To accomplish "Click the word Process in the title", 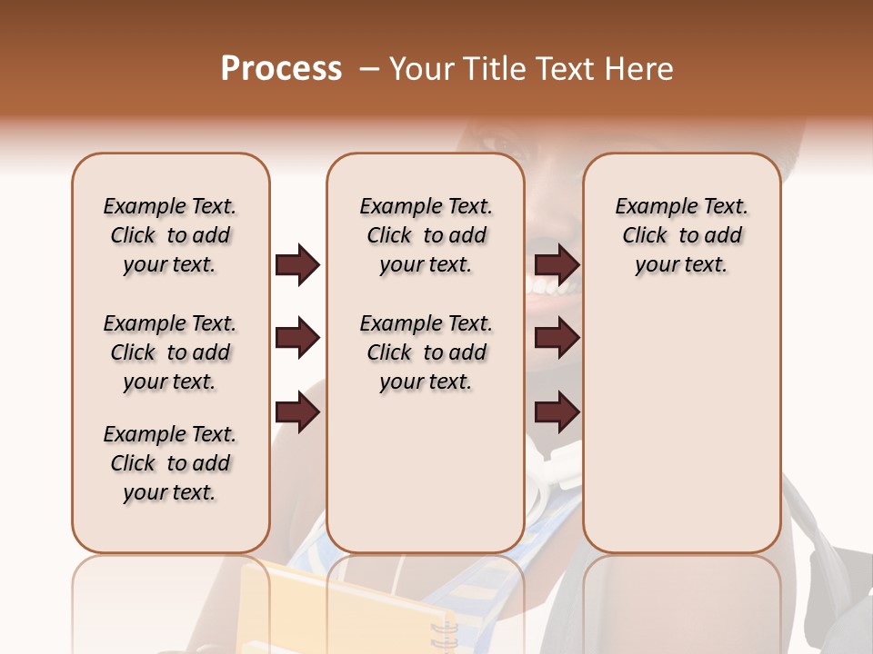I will (x=281, y=69).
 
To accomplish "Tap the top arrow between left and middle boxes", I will (x=297, y=264).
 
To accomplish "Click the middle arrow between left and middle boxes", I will (x=297, y=339).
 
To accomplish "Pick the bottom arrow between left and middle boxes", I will (x=297, y=413).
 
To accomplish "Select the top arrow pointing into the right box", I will (x=557, y=264).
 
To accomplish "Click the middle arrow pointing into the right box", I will (x=557, y=339).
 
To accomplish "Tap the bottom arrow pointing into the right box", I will (x=557, y=413).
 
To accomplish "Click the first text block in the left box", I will (x=170, y=235).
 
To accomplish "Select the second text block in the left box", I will (x=170, y=352).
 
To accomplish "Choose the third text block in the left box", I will (x=170, y=463).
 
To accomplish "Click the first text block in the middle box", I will (x=426, y=235).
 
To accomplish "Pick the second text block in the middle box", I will (x=426, y=352).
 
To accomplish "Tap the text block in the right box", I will (x=681, y=235).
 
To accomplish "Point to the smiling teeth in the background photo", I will (x=553, y=287).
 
